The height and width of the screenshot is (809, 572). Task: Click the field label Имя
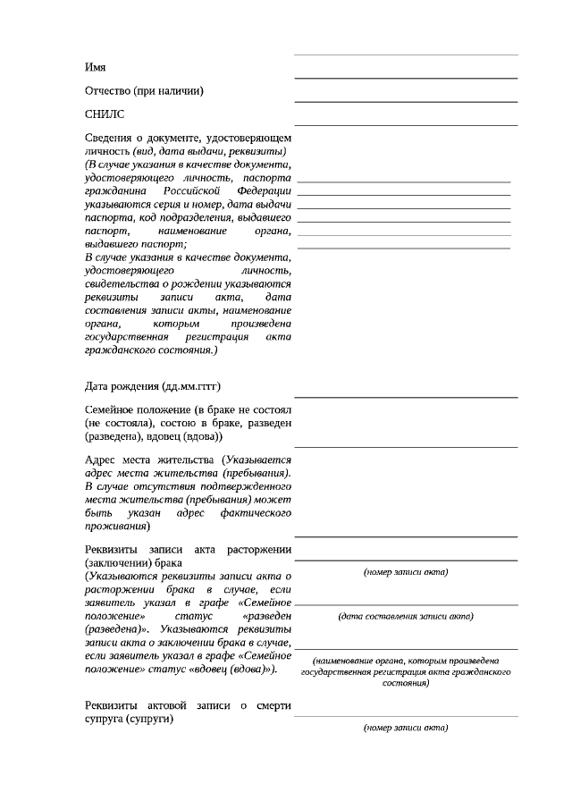(95, 67)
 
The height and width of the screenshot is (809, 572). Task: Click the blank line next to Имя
(406, 77)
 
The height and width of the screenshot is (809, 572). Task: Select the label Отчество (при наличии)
(144, 90)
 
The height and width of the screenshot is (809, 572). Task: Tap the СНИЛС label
(105, 114)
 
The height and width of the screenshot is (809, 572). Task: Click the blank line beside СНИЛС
(406, 124)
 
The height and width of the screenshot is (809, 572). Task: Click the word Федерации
(265, 191)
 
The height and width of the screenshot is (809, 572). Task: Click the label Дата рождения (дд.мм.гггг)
(152, 386)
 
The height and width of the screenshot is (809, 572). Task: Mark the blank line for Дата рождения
(406, 396)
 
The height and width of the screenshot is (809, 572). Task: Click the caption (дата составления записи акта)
(406, 616)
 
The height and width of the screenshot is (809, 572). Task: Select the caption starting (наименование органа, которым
(406, 661)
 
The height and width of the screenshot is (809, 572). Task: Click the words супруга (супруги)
(129, 719)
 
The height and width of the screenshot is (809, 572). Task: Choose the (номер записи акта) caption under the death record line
(406, 728)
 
